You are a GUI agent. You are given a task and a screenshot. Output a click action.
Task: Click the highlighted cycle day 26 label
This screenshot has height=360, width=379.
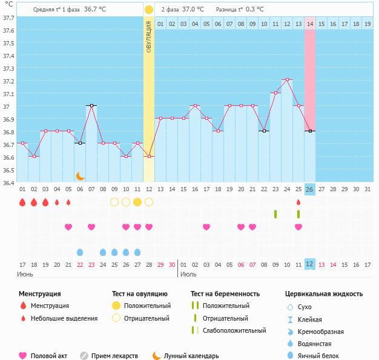tap(309, 189)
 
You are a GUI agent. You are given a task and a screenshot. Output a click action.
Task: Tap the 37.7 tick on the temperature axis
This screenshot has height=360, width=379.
tap(8, 18)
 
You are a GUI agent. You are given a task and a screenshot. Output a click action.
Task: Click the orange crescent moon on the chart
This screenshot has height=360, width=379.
tap(80, 175)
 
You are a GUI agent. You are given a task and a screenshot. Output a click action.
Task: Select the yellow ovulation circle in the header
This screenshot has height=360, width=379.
tap(149, 10)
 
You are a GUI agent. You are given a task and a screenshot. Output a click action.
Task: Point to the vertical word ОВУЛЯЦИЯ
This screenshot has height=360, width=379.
tap(149, 36)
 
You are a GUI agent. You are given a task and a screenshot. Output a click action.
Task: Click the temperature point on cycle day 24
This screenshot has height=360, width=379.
tap(287, 79)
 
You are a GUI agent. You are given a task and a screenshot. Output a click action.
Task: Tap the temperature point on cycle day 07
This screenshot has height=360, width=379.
tap(91, 105)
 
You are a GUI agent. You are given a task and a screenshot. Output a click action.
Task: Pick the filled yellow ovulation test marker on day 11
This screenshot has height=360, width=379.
tap(137, 201)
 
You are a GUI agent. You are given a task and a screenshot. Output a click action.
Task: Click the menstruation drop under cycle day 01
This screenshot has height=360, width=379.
tap(22, 202)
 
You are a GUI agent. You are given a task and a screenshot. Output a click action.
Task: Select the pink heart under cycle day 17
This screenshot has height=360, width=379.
tap(206, 227)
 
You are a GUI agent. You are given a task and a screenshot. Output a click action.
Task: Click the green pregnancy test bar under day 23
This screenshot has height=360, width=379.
tap(275, 214)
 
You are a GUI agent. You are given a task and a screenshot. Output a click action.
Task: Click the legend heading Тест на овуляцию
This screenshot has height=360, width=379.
tap(140, 293)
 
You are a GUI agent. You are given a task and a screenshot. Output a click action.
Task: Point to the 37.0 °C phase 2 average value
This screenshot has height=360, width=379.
tap(193, 10)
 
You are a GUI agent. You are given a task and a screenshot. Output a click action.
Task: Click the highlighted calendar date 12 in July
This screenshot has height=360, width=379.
tap(309, 264)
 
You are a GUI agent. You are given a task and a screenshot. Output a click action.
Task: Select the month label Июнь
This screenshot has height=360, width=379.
tap(26, 274)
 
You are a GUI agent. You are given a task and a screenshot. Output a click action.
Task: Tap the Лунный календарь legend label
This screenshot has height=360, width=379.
tap(191, 356)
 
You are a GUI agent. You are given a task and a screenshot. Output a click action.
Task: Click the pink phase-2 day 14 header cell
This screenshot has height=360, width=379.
tap(310, 24)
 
